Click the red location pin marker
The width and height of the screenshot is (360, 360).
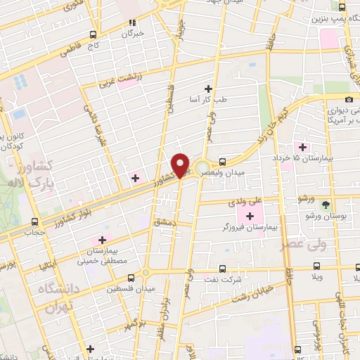tap(181, 165)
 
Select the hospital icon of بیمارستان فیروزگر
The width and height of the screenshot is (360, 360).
tap(251, 214)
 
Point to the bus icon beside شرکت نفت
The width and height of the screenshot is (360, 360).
tap(222, 268)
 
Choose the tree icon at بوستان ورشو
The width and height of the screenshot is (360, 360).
tap(326, 205)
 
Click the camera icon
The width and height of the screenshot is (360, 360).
tap(349, 99)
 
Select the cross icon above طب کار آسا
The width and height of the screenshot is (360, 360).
tap(208, 89)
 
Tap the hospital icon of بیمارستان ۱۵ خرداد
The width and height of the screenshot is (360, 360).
tap(303, 147)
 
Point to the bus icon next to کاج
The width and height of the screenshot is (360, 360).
tap(94, 34)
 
